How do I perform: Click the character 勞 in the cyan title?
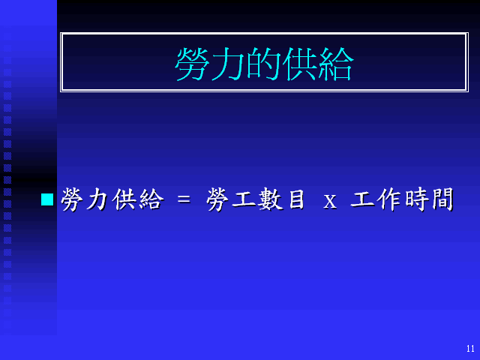pyautogui.click(x=193, y=64)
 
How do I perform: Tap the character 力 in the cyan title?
pyautogui.click(x=228, y=64)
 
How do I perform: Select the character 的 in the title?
pyautogui.click(x=264, y=64)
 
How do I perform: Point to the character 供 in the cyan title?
pyautogui.click(x=300, y=64)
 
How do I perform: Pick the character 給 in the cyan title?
pyautogui.click(x=336, y=64)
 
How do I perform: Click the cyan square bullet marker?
pyautogui.click(x=47, y=199)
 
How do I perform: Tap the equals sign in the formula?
pyautogui.click(x=184, y=200)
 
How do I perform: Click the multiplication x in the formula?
pyautogui.click(x=330, y=202)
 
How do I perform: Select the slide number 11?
pyautogui.click(x=470, y=348)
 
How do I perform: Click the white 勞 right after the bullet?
pyautogui.click(x=73, y=199)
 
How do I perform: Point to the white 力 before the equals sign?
pyautogui.click(x=97, y=199)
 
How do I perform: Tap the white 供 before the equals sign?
pyautogui.click(x=123, y=199)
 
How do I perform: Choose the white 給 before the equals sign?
pyautogui.click(x=151, y=199)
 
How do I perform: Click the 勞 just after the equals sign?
pyautogui.click(x=218, y=199)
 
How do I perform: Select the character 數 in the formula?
pyautogui.click(x=270, y=199)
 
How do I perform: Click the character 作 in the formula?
pyautogui.click(x=389, y=199)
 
